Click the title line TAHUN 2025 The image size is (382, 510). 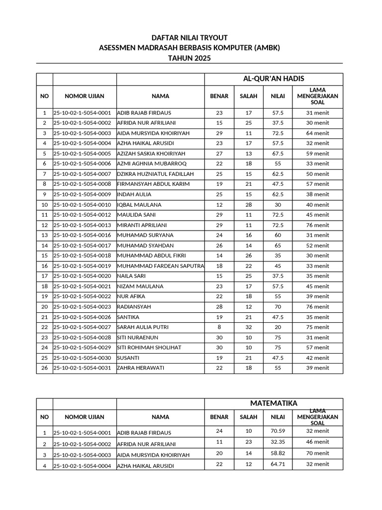[x=189, y=58]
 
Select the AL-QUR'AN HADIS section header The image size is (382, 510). [x=274, y=79]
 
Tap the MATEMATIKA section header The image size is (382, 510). [x=274, y=403]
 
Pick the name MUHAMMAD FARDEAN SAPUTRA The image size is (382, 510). [x=160, y=266]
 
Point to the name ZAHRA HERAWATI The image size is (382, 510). [x=141, y=368]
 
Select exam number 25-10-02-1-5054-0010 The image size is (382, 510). [x=82, y=205]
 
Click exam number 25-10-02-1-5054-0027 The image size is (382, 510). [x=82, y=327]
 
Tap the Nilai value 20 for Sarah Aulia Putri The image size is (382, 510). [x=278, y=327]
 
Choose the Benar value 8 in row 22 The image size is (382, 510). [x=219, y=327]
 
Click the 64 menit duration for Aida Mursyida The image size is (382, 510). [x=317, y=133]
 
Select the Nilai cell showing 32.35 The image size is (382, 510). [x=278, y=442]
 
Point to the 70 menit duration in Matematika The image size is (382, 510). [x=317, y=453]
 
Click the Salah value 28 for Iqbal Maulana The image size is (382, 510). [x=249, y=205]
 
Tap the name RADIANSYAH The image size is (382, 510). [x=134, y=307]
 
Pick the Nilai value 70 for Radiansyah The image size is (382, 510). [x=278, y=307]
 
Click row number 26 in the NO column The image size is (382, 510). [x=44, y=368]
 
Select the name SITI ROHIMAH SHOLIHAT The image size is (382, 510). [x=149, y=348]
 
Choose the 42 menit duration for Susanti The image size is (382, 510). [x=317, y=358]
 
